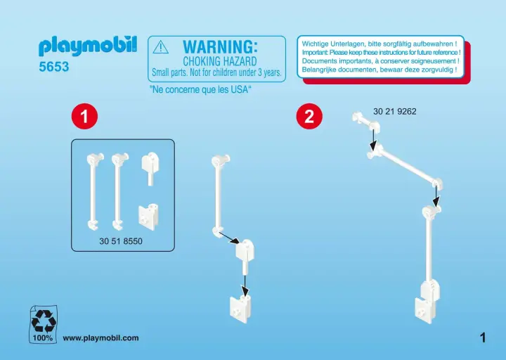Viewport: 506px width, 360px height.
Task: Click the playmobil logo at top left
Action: [88, 46]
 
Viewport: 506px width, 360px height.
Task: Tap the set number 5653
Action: [54, 67]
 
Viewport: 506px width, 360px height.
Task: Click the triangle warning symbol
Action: [160, 47]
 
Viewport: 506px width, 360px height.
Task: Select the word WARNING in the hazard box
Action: [220, 47]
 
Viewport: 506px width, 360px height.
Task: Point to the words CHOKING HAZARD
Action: [220, 61]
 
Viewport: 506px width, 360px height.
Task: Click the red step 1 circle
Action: [84, 116]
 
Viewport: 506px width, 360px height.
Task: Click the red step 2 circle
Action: [309, 116]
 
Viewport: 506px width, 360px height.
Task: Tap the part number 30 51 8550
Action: [121, 241]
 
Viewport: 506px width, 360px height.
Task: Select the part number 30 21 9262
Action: [395, 111]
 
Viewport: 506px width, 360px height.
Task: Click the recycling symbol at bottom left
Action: [44, 321]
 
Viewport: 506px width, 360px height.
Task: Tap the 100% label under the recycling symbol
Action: [43, 338]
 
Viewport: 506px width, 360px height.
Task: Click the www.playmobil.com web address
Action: [100, 338]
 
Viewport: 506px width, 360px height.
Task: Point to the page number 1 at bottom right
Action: [483, 338]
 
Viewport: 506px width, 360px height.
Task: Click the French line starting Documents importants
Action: [380, 61]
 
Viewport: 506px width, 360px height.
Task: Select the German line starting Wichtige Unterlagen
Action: [379, 44]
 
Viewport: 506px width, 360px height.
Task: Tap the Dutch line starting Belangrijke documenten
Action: [379, 70]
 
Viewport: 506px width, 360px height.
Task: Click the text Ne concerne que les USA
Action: [200, 89]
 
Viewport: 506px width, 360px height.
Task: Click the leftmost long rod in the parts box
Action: [95, 191]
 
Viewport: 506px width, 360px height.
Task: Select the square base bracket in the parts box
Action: [148, 217]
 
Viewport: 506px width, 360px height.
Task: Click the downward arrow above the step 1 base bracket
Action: [245, 285]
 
